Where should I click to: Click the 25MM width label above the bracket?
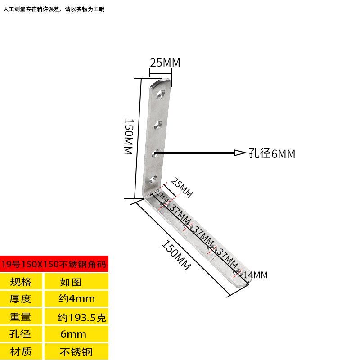point(165,63)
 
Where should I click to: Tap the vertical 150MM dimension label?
point(129,136)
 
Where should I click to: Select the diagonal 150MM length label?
point(176,255)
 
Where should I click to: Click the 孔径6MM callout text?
point(272,153)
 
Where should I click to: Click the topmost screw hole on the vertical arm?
point(161,94)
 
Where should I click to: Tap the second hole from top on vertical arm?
point(158,125)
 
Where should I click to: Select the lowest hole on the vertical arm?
point(153,180)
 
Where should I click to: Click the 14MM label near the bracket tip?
point(256,275)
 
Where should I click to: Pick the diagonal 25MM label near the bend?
point(182,187)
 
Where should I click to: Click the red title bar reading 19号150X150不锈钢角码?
point(54,264)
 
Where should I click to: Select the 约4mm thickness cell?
point(76,298)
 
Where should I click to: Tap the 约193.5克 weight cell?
point(82,318)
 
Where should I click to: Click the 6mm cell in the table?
point(73,334)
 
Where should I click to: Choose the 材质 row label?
point(21,351)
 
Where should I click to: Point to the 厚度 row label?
point(20,299)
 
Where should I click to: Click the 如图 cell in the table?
point(71,282)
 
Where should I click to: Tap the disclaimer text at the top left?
point(54,9)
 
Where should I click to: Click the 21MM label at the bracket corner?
point(162,195)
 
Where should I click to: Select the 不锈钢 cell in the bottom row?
point(76,352)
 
